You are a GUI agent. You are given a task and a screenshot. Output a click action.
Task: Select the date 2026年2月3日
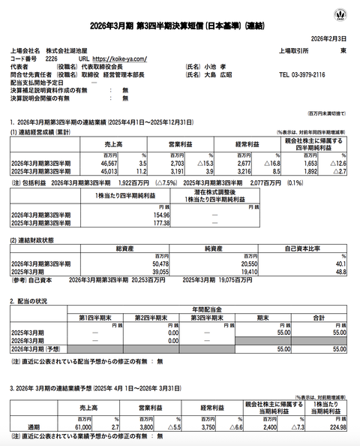click(x=331, y=36)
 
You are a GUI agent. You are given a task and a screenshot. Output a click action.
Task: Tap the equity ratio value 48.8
click(x=341, y=271)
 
